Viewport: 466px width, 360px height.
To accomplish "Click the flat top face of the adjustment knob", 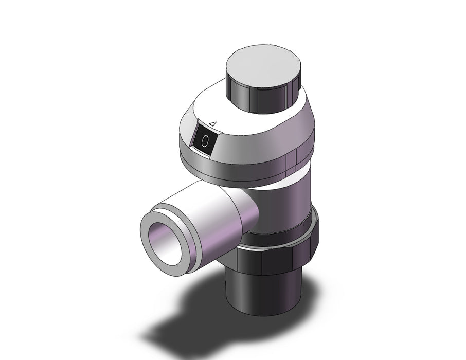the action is tap(263, 66).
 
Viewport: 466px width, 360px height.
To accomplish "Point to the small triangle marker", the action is tap(213, 123).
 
